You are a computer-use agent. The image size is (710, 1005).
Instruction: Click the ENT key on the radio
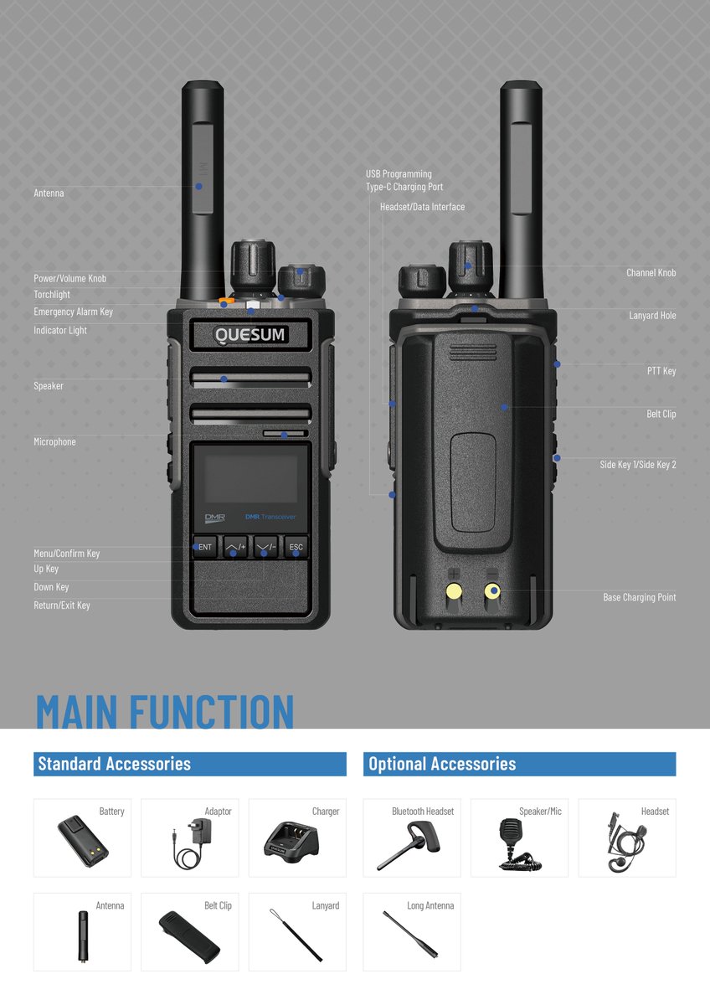point(205,547)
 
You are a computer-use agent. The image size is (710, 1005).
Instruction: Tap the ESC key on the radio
point(296,547)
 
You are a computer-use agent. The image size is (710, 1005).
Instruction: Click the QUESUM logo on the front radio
point(250,335)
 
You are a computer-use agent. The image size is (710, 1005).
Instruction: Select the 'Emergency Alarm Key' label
point(73,312)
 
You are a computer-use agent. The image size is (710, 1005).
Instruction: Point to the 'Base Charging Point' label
point(639,597)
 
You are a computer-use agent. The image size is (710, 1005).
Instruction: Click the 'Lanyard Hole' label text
point(652,315)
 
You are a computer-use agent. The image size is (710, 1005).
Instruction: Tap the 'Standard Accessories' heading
point(115,764)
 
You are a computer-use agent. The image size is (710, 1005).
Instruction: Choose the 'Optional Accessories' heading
point(442,764)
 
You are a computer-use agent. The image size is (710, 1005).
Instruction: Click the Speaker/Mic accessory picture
point(514,844)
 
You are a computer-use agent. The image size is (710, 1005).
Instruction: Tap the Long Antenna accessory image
point(410,934)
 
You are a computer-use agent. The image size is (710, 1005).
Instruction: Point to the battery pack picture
point(83,840)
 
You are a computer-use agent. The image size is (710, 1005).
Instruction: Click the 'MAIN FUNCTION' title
point(165,711)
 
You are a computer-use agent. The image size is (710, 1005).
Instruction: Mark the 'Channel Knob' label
point(651,272)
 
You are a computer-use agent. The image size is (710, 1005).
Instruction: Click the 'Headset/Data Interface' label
point(422,207)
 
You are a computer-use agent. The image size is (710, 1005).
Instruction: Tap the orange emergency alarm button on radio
point(224,302)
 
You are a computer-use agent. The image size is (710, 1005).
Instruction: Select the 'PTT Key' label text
point(661,371)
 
